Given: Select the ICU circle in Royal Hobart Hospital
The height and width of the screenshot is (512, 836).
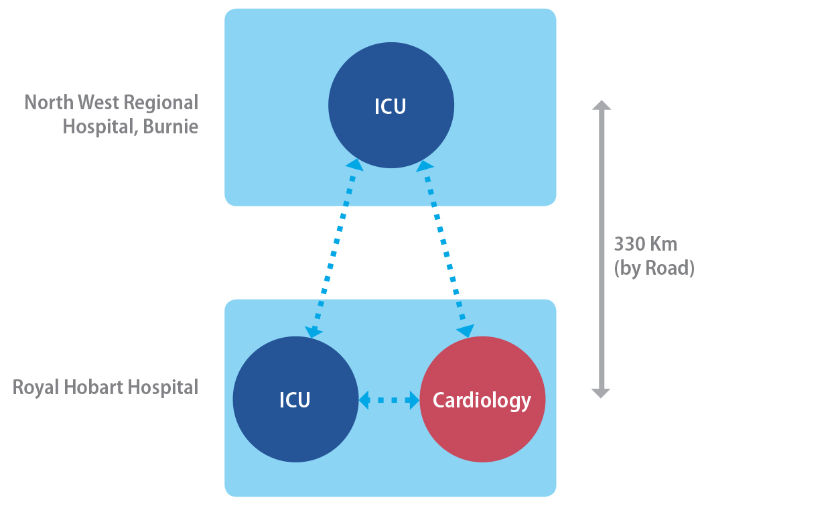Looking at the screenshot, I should [x=295, y=429].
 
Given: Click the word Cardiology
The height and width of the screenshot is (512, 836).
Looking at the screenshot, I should [x=482, y=400].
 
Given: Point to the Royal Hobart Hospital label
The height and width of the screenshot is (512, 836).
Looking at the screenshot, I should [x=106, y=387].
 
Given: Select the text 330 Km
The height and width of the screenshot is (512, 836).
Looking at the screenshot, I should [x=645, y=243].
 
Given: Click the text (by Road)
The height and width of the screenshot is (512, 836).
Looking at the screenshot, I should [x=654, y=268].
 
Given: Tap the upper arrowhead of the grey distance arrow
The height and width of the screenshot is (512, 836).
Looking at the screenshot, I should [x=602, y=106].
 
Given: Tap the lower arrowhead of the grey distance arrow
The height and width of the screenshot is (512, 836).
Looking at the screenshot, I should [x=602, y=392].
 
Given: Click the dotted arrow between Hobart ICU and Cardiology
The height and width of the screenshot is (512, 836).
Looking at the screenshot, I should [x=389, y=400].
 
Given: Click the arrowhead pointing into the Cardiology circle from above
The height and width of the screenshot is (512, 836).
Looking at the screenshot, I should [x=465, y=330].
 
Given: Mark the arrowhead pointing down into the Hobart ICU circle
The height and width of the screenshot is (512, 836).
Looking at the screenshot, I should [x=313, y=331].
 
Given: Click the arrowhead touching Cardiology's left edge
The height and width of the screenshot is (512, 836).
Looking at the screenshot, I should [x=413, y=400].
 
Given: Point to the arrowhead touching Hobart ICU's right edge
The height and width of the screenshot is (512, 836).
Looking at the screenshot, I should [x=365, y=400].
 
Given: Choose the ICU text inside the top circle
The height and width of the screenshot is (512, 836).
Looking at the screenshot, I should [x=391, y=107].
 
